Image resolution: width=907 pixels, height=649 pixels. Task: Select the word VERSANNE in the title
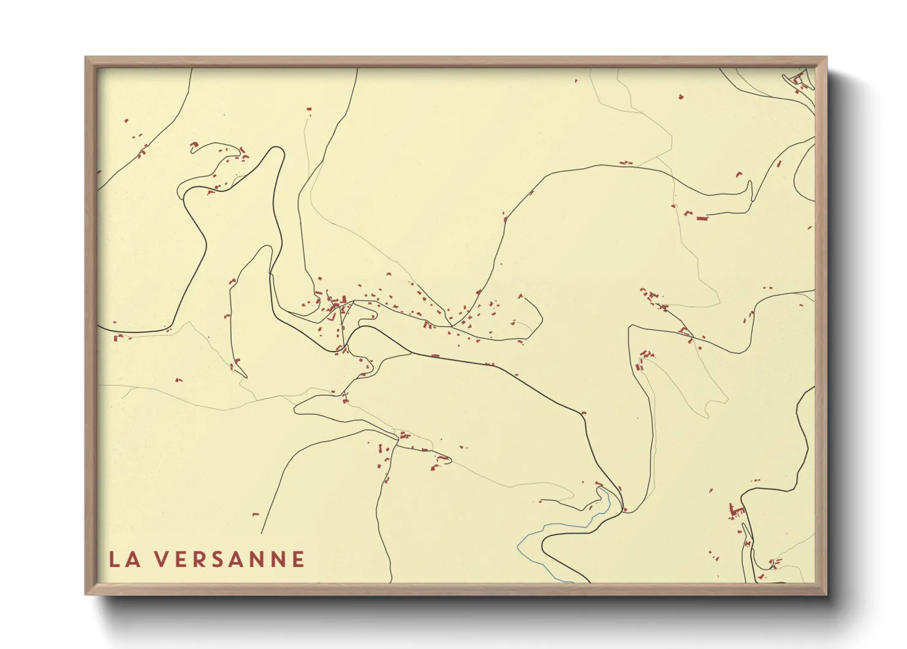coord(229,559)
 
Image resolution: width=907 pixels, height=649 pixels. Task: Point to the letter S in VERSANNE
coord(224,559)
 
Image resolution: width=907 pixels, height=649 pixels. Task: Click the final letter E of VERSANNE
coord(298,559)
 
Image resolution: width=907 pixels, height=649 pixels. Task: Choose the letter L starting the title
coord(115,559)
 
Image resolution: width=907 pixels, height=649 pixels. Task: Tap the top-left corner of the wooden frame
coord(86,58)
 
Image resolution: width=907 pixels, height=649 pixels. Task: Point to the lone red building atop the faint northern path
coord(309,109)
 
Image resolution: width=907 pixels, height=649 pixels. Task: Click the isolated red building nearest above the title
coord(256,514)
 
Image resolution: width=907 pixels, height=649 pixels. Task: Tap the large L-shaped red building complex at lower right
coord(734,511)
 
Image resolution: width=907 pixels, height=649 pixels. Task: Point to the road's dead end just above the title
coord(262,533)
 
